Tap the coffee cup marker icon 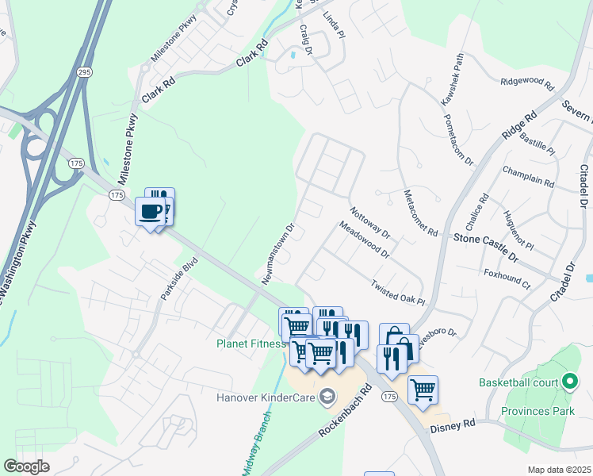(150, 211)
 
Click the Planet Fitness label (250, 344)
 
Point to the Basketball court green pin (568, 382)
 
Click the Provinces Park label (537, 411)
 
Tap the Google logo (26, 466)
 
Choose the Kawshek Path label (453, 81)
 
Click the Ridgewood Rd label (526, 82)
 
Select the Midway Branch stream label (258, 444)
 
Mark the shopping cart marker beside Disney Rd (423, 390)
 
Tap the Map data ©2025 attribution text (559, 470)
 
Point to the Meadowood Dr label (364, 240)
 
